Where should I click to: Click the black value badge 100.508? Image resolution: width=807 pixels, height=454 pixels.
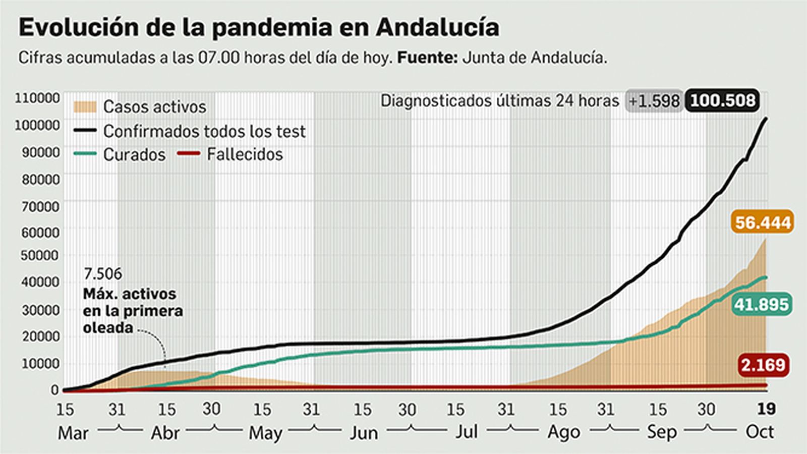(722, 100)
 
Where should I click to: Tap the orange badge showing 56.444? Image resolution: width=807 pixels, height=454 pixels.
(762, 222)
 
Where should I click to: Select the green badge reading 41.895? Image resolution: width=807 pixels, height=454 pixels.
(761, 305)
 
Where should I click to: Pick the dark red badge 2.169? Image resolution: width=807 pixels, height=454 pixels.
(763, 365)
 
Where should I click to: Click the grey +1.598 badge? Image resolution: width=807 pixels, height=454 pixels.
(654, 101)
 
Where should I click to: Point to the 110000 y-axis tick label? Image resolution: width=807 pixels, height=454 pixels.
(37, 98)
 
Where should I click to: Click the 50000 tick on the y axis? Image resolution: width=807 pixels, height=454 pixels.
(40, 255)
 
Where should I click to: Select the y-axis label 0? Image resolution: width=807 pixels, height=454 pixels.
(54, 390)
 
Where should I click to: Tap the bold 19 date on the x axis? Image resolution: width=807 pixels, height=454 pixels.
(766, 409)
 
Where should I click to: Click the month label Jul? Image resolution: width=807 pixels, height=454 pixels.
(467, 432)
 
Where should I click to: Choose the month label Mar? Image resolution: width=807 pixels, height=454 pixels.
(73, 433)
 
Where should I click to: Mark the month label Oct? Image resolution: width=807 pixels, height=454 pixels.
(760, 432)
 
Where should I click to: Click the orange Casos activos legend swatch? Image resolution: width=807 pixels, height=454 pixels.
(85, 107)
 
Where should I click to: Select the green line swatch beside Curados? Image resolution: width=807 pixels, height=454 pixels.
(85, 154)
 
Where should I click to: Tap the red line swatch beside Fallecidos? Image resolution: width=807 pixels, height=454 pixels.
(189, 154)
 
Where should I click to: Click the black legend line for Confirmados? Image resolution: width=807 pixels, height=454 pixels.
(85, 131)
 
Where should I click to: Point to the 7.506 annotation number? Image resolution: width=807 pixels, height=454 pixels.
(103, 274)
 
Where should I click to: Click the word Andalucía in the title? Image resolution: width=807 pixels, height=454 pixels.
(437, 27)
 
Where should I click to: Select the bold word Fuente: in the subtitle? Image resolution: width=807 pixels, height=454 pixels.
(427, 58)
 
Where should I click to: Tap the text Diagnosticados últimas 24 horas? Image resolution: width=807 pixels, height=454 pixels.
(499, 101)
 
